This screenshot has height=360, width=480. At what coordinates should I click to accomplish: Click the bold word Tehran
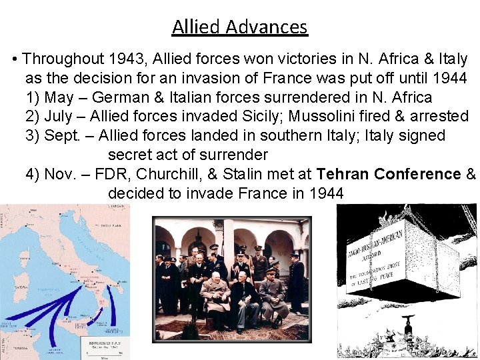coord(343,174)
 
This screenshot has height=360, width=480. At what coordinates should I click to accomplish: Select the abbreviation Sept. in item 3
coord(61,136)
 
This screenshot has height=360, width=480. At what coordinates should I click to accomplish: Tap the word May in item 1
coord(58,97)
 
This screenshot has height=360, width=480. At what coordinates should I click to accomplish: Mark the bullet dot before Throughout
coord(15,60)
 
